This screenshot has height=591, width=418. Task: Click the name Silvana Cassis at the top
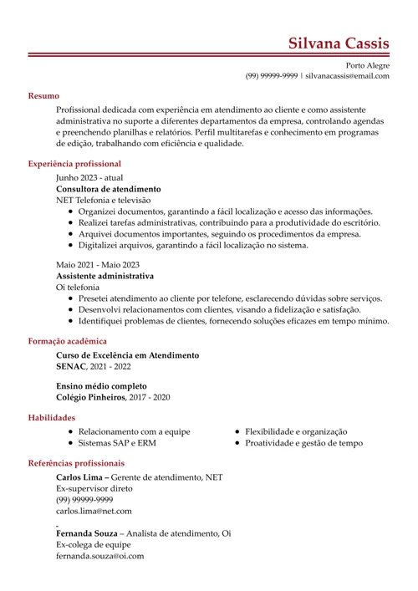[x=338, y=43]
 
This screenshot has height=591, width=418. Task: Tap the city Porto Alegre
[x=367, y=65]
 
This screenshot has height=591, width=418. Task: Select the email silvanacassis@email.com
[x=347, y=76]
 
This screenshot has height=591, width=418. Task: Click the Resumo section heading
[x=43, y=96]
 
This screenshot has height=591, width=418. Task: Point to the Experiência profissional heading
[x=74, y=164]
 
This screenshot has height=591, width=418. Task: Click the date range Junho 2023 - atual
[x=89, y=178]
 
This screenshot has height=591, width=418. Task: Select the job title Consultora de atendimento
[x=108, y=189]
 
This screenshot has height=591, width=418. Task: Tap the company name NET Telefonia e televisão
[x=103, y=201]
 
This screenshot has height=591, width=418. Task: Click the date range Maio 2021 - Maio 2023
[x=98, y=264]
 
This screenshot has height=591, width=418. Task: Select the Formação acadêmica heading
[x=67, y=341]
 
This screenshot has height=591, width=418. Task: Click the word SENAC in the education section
[x=70, y=367]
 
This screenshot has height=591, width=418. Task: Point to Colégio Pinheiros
[x=90, y=397]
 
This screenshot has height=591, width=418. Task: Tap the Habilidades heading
[x=52, y=417]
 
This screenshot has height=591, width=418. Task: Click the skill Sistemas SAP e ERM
[x=117, y=443]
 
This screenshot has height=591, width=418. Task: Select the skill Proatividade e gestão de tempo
[x=303, y=443]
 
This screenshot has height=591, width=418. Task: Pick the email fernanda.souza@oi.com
[x=99, y=555]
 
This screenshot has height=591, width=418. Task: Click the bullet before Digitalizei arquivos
[x=70, y=246]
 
